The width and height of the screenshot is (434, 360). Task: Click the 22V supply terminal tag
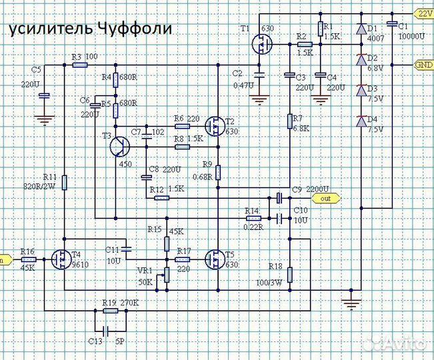423,13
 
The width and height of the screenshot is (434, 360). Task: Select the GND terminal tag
423,65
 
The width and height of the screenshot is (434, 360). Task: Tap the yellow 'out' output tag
325,198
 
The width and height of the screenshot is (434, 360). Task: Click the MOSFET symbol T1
262,45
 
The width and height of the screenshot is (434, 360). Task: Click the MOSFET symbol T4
62,258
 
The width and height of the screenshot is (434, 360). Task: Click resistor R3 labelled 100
79,65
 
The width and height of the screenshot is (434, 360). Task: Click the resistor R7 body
290,120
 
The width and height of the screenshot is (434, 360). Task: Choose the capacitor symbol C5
44,95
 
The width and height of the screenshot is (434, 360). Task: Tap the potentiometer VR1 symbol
167,274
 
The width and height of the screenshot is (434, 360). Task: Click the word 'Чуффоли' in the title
133,29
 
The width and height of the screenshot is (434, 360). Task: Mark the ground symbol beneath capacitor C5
44,121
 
